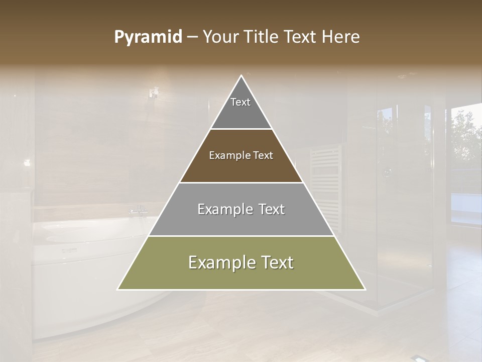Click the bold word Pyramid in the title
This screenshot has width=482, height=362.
(x=148, y=37)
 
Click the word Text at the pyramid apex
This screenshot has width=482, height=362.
(x=240, y=102)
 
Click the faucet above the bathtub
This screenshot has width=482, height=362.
(x=138, y=210)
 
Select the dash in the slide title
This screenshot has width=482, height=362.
(x=192, y=37)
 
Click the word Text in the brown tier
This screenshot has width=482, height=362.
(x=263, y=155)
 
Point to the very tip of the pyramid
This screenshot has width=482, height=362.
(x=242, y=76)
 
